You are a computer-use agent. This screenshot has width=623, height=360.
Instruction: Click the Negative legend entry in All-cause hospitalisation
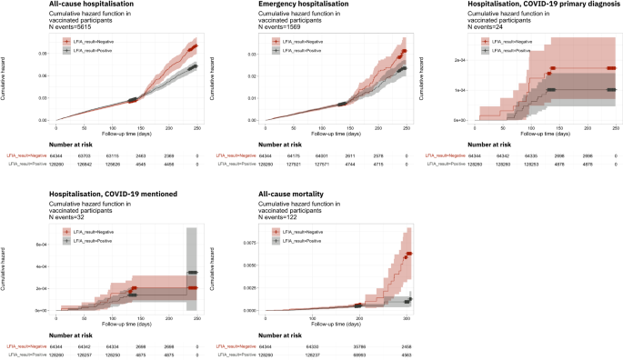(x=91, y=41)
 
